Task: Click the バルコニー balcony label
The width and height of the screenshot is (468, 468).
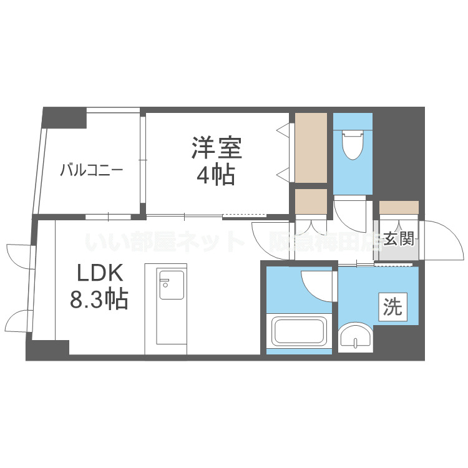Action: click(92, 170)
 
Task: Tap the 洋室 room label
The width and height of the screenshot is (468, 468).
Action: click(216, 149)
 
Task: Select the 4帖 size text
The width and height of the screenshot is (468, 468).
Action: click(216, 175)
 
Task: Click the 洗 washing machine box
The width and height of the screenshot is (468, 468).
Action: click(392, 306)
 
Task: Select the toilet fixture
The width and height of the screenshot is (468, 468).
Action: click(353, 143)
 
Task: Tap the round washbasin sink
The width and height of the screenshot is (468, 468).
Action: click(356, 339)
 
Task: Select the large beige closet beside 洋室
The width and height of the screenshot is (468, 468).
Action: click(311, 148)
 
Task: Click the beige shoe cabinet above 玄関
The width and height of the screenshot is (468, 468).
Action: click(399, 208)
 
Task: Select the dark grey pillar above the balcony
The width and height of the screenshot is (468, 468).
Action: click(64, 117)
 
